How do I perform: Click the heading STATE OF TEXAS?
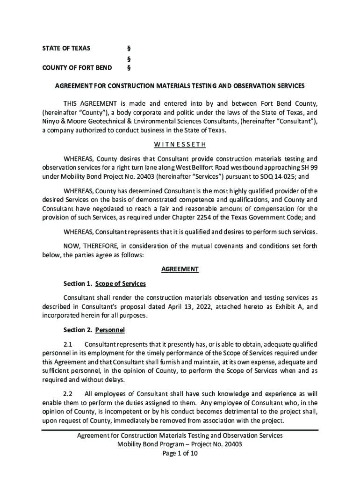pos(66,48)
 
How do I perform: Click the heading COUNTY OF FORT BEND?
pos(77,68)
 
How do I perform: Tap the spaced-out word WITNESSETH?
pos(180,144)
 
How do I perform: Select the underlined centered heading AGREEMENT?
pos(180,269)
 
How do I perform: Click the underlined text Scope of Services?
pos(121,284)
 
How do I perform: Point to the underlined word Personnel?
pos(110,330)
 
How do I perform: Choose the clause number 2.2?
pos(68,393)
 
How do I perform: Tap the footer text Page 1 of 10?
pos(180,453)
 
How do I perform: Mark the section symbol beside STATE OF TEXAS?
pos(129,48)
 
